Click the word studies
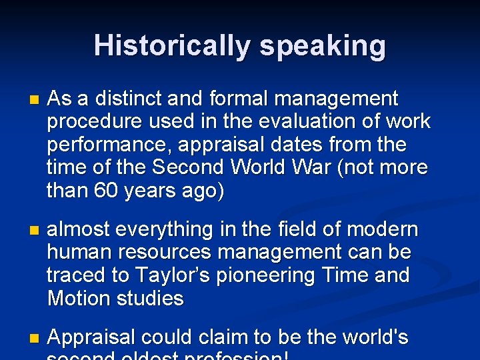[x=150, y=298]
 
